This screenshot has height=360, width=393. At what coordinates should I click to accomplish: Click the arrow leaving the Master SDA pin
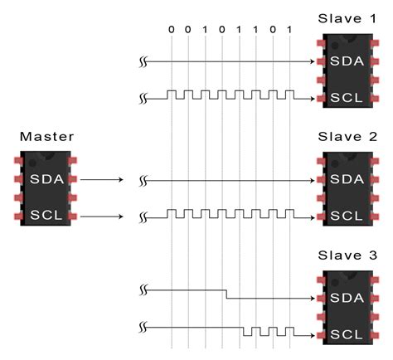pyautogui.click(x=104, y=178)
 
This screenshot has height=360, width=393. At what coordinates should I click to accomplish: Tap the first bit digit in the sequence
pyautogui.click(x=172, y=30)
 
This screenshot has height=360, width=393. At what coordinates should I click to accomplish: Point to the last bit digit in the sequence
pyautogui.click(x=289, y=30)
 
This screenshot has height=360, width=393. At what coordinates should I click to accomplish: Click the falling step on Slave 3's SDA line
pyautogui.click(x=226, y=293)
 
